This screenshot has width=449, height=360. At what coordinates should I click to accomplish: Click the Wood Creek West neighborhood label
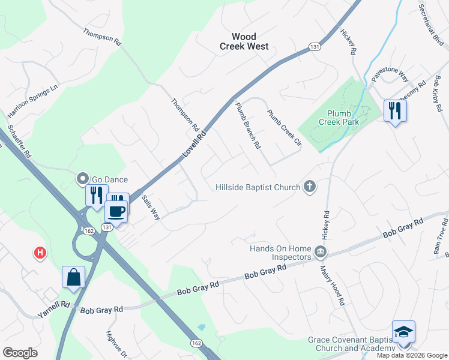244,41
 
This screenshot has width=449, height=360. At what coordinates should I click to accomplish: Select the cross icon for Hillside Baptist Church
310,187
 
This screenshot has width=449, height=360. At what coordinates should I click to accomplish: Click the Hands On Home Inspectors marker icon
321,250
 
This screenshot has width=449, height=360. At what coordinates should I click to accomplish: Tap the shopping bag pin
73,278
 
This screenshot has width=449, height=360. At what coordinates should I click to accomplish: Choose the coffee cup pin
116,212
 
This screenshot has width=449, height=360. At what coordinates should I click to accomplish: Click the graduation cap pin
403,332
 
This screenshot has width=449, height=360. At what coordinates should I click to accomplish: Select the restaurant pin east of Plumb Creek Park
394,111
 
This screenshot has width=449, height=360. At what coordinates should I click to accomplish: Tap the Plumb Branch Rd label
248,125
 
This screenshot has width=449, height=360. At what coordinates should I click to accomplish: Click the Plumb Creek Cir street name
283,128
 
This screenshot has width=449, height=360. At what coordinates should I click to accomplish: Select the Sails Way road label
151,207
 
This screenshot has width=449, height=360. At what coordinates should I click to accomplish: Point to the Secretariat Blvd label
431,23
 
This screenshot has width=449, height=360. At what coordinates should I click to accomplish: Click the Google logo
20,353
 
